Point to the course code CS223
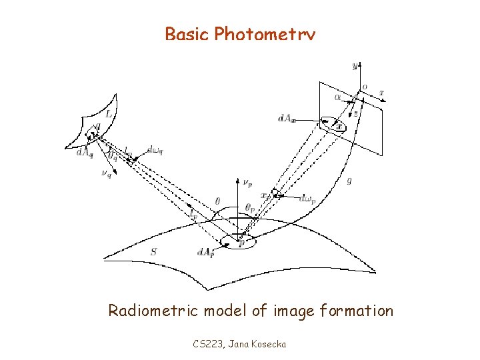pos(207,344)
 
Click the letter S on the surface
pos(154,252)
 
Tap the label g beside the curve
pos(349,180)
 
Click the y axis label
pos(355,65)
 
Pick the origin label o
pos(363,87)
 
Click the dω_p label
pos(307,198)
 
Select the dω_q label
pos(155,149)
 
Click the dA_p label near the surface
pos(205,252)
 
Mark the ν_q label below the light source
pos(107,175)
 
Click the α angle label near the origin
pos(339,97)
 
